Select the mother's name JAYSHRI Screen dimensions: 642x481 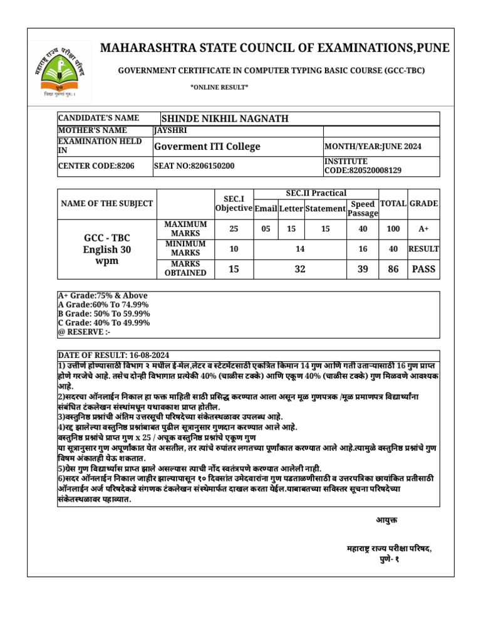tap(170, 130)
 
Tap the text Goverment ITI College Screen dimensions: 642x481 tap(207, 147)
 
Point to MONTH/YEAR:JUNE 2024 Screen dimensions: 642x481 tap(373, 147)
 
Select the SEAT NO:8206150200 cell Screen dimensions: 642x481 tap(194, 166)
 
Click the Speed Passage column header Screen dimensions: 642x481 tap(363, 209)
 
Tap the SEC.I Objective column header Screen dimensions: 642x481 tap(234, 204)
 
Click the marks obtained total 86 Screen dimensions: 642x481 tap(393, 268)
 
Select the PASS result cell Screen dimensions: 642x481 tap(424, 268)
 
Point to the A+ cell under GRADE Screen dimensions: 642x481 tap(424, 229)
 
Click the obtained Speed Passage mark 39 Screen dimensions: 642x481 tap(363, 268)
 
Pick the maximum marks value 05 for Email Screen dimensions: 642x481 tap(266, 229)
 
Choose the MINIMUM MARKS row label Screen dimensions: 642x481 tap(185, 248)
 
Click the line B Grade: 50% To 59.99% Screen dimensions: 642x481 tap(104, 313)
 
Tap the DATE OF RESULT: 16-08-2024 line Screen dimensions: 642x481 tap(113, 355)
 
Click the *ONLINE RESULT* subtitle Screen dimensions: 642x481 tap(219, 87)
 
